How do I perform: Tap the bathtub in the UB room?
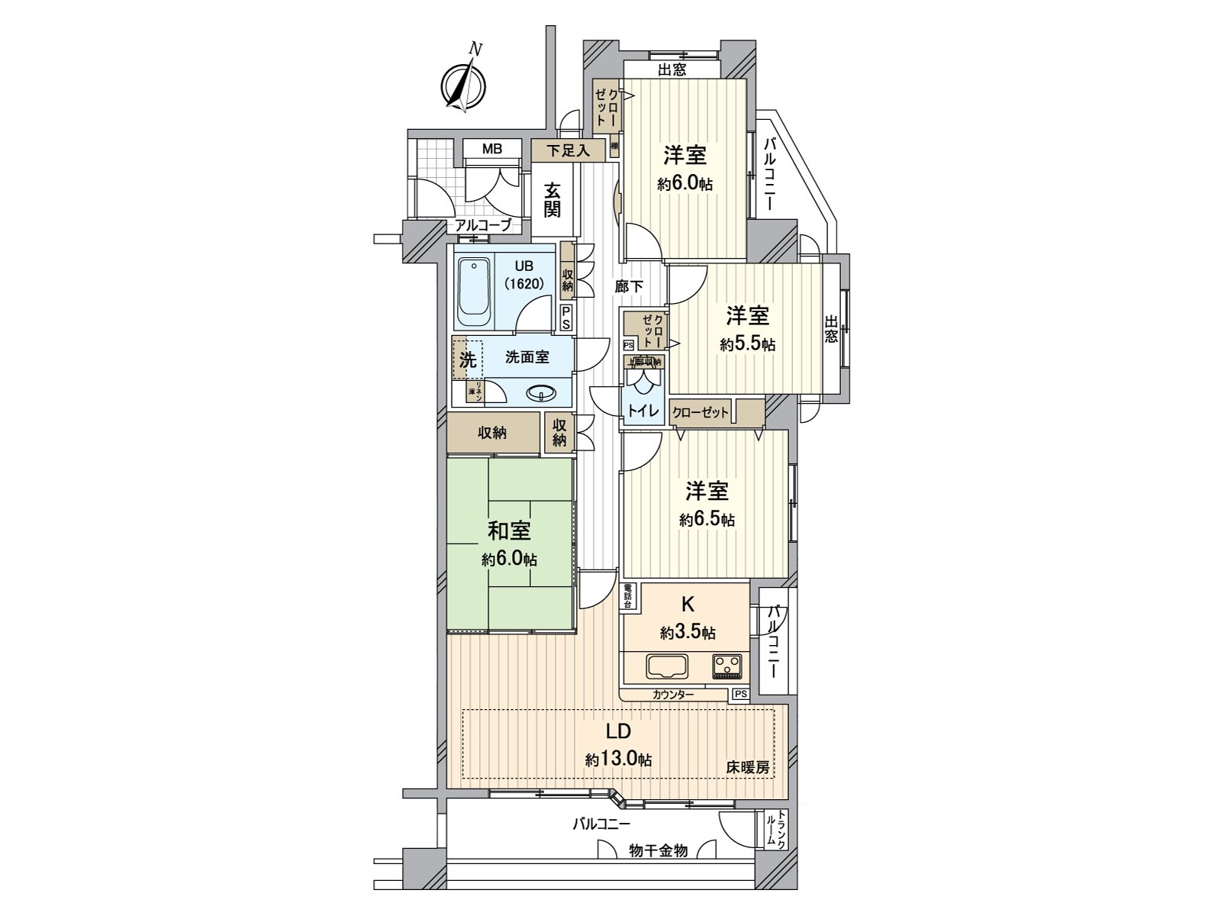[x=475, y=293]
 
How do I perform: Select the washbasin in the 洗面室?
[x=540, y=394]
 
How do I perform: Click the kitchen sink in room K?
[x=667, y=666]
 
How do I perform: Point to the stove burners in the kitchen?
[x=726, y=666]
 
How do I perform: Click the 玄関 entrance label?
[x=553, y=200]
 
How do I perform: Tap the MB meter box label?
[x=492, y=149]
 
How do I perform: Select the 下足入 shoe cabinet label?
[x=568, y=150]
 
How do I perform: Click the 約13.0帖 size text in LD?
[x=618, y=760]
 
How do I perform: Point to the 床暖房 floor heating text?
[x=747, y=767]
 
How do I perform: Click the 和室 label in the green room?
[x=509, y=530]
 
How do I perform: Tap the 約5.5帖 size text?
[x=747, y=344]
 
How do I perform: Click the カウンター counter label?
[x=673, y=695]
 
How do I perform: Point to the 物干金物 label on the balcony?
[x=658, y=850]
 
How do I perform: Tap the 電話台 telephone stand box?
[x=628, y=596]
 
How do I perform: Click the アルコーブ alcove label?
[x=483, y=224]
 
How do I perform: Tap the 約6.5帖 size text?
[x=707, y=520]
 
